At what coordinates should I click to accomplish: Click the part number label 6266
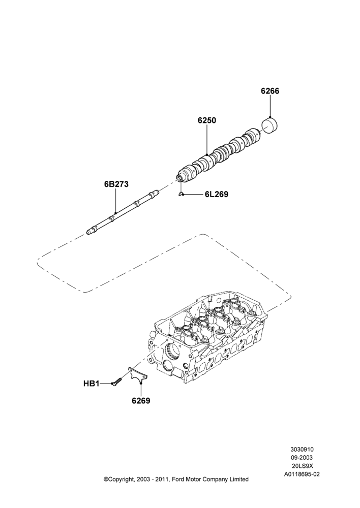point(270,91)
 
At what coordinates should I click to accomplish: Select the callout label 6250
point(207,120)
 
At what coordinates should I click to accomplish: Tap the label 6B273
point(116,184)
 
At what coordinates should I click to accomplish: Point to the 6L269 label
point(216,194)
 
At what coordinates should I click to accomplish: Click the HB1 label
point(91,384)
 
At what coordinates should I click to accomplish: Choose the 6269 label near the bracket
point(141,401)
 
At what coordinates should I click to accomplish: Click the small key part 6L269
point(181,194)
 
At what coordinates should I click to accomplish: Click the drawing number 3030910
point(302,450)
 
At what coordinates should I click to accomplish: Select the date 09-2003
point(302,458)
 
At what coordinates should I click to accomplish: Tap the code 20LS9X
point(302,465)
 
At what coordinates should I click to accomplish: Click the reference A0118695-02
point(302,473)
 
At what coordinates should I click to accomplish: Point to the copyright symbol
point(105,479)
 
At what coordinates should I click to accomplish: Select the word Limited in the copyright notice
point(239,479)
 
